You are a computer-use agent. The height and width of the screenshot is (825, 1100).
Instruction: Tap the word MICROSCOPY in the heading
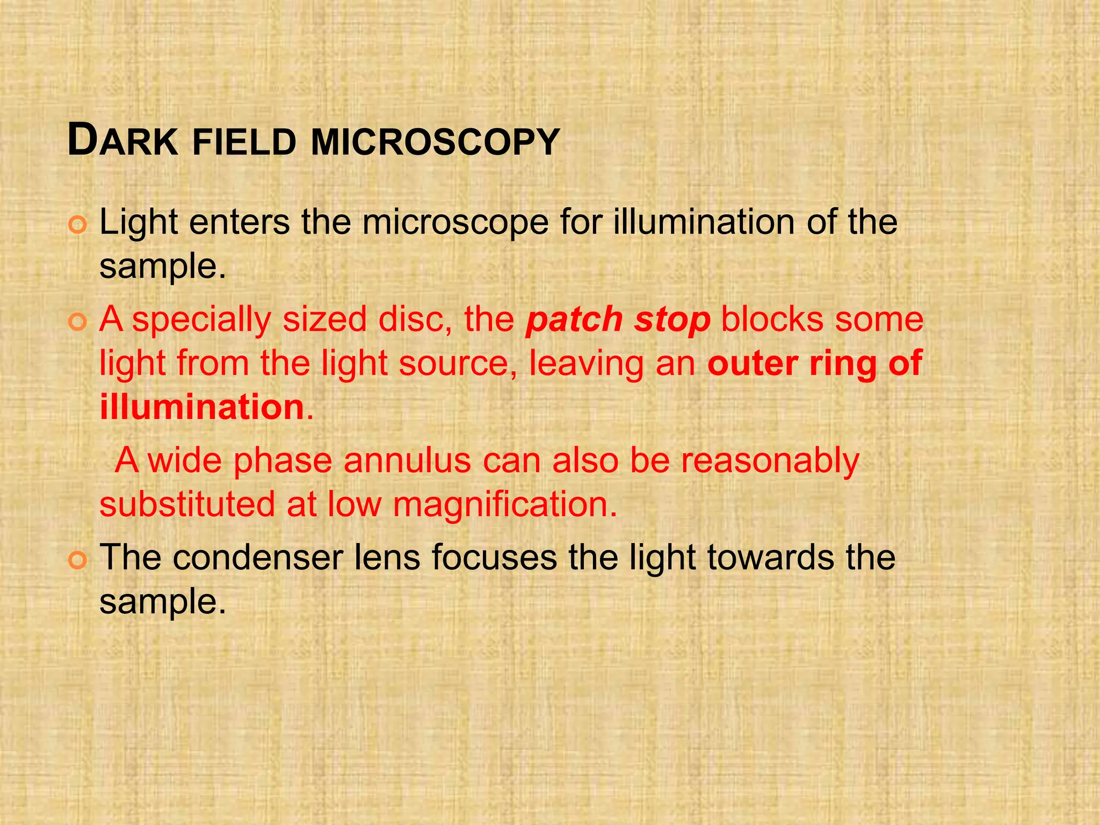435,142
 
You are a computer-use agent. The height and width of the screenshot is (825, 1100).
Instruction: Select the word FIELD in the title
244,142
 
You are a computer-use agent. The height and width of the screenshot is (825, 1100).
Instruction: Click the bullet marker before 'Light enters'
77,226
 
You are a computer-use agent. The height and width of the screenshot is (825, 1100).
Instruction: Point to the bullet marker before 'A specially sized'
77,322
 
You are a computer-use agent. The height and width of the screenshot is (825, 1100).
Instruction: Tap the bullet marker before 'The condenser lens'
77,561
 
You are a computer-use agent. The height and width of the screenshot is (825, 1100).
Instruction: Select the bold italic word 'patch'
574,320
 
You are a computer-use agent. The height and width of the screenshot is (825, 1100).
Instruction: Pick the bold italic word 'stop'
672,320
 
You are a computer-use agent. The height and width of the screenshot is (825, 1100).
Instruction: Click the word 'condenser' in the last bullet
258,558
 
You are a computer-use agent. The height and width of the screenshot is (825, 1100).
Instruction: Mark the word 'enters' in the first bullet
239,222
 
